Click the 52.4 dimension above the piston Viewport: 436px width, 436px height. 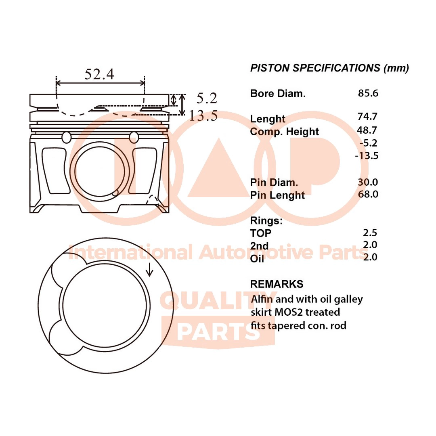99,74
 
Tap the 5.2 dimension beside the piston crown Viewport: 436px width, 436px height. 207,98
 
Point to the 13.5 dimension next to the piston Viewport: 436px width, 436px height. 203,115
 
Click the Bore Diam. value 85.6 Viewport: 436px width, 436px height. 368,93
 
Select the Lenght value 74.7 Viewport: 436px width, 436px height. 368,117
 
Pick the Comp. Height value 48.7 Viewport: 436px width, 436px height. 367,130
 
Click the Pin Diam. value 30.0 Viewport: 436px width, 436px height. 368,182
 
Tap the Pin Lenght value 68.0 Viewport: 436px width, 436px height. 368,194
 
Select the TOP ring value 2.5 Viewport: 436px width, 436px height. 370,233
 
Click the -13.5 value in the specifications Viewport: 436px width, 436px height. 367,155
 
